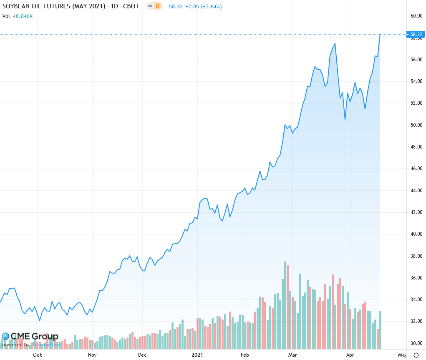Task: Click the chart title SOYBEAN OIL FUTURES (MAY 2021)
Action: pos(54,7)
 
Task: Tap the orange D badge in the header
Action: pos(157,7)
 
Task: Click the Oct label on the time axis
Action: pos(37,355)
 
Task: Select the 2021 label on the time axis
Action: pos(197,355)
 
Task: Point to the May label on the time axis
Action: pos(402,355)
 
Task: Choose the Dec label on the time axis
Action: pos(142,355)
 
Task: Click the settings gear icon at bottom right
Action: pos(416,355)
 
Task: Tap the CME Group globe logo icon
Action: pos(5,336)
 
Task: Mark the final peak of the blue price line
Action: pos(380,34)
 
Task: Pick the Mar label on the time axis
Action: pos(293,355)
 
